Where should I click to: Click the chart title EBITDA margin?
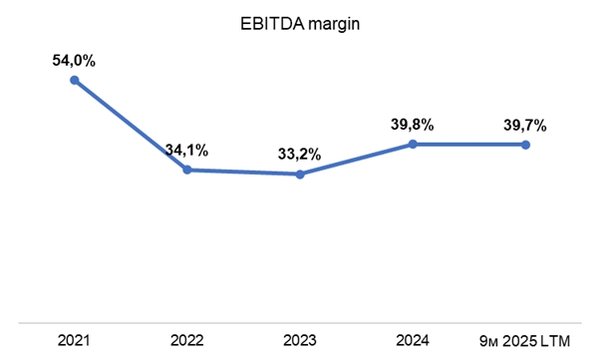(300, 23)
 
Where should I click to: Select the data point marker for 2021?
(74, 80)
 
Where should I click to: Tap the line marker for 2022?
(186, 171)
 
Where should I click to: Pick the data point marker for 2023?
(299, 175)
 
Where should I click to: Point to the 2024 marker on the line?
(413, 145)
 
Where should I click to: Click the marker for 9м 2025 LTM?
(525, 145)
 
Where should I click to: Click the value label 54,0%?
(74, 61)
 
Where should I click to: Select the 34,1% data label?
(186, 151)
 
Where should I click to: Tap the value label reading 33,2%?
(299, 156)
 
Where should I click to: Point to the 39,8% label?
(413, 126)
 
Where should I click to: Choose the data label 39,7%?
(525, 126)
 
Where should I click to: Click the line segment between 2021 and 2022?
(130, 125)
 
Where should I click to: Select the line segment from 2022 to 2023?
(243, 173)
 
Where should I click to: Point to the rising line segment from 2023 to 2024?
(356, 160)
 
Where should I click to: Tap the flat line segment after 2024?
(468, 145)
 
